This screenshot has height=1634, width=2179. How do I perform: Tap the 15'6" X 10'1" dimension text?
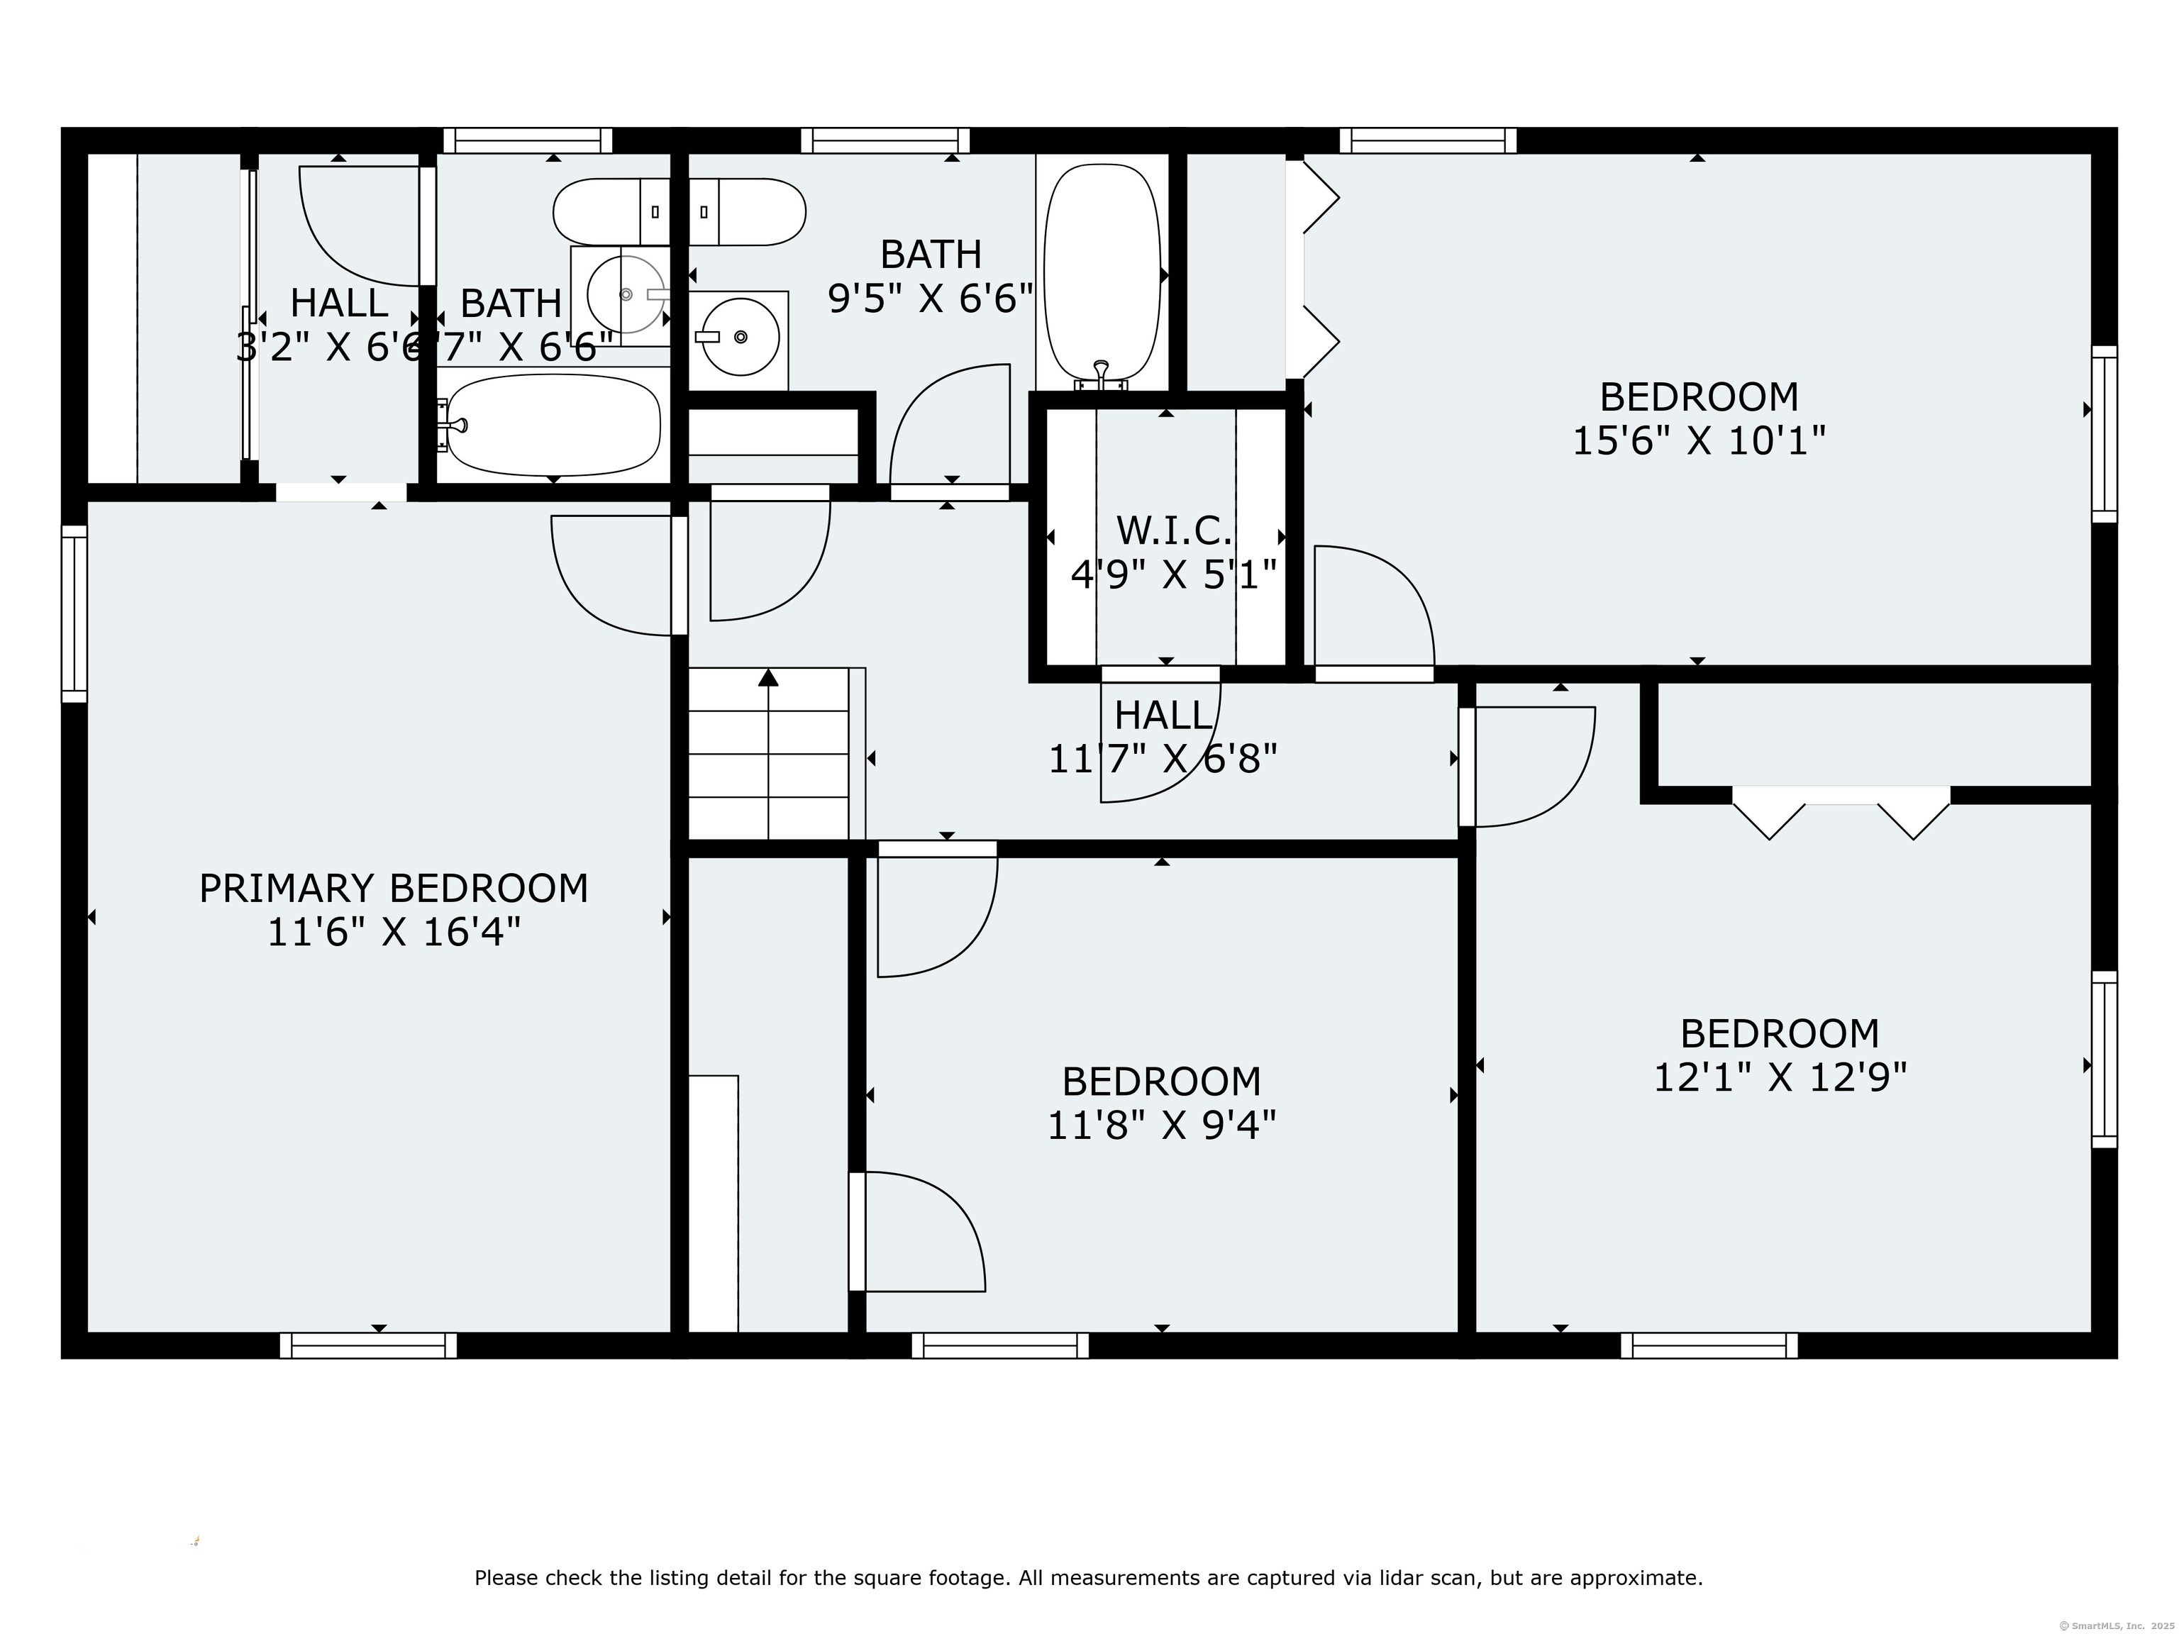[x=1698, y=440]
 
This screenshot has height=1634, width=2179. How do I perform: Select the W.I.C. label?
[x=1173, y=531]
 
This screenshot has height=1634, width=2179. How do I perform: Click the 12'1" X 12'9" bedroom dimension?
[x=1779, y=1077]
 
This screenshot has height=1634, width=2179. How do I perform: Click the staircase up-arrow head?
[x=768, y=677]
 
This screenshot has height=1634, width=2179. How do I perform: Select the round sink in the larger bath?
[x=741, y=337]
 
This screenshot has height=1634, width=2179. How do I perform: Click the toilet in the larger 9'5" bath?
[x=748, y=212]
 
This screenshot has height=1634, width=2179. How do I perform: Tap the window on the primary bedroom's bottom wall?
[x=368, y=1345]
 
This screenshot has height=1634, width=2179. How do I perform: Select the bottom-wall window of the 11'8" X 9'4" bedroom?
[x=1000, y=1345]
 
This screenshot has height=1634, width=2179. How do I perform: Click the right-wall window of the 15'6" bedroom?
[x=2104, y=433]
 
